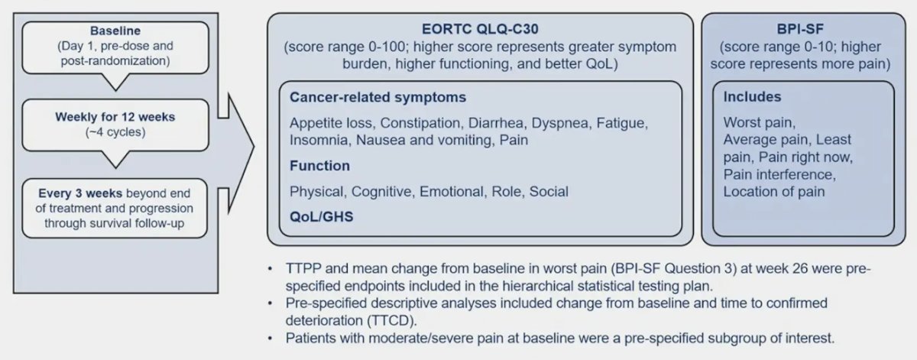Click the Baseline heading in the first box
[x=115, y=31]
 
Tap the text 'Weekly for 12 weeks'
[x=115, y=117]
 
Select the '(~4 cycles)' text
[x=115, y=132]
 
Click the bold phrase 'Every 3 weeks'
[x=80, y=193]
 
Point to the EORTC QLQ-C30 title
[x=480, y=29]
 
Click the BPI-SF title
[x=800, y=29]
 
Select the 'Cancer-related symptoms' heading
[x=377, y=98]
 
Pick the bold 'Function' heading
[x=319, y=166]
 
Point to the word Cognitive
[x=381, y=192]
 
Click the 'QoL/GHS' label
[x=322, y=216]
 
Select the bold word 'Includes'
[x=752, y=96]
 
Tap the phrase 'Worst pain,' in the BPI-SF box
[x=760, y=122]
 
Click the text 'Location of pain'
[x=773, y=192]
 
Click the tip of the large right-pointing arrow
[x=254, y=146]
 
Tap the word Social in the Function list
[x=549, y=192]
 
